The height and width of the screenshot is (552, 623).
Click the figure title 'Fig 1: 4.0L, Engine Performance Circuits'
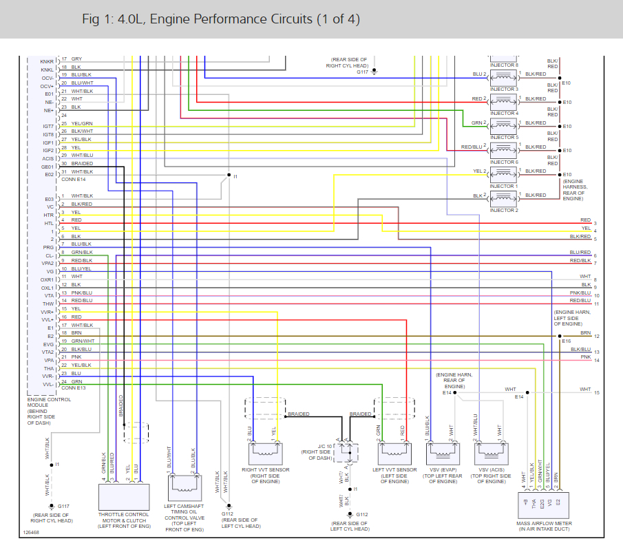[220, 19]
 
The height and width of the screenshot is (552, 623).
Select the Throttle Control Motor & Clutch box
[125, 496]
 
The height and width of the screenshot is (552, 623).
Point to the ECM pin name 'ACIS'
[47, 158]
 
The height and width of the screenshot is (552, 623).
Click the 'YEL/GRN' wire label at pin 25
[82, 123]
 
